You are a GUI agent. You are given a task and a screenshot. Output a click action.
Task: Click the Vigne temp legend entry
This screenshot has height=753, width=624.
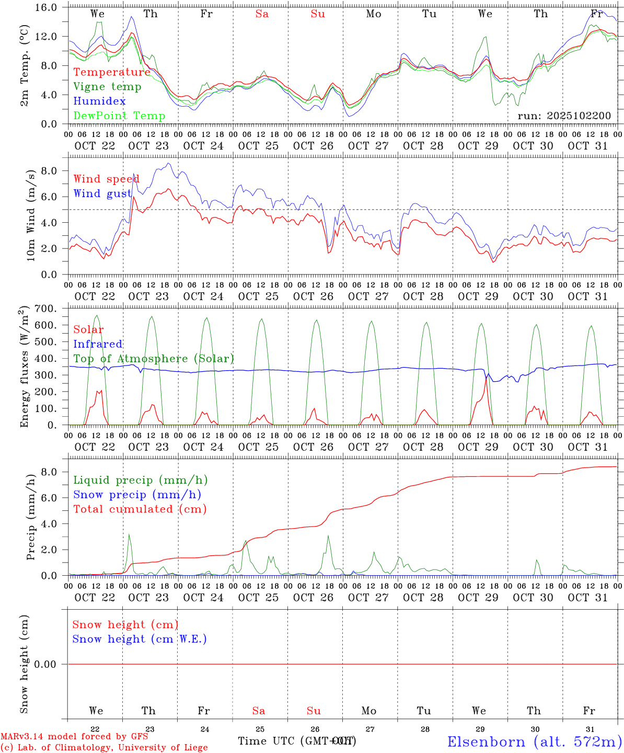pos(107,87)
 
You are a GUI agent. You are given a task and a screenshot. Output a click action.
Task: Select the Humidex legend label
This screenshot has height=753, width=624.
pos(99,101)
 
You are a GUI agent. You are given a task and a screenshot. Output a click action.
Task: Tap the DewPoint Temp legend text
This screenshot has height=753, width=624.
pos(119,116)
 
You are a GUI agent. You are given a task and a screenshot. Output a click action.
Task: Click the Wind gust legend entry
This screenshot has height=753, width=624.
pos(102,194)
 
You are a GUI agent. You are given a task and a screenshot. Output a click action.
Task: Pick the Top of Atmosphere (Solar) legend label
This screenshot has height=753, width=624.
pos(154,359)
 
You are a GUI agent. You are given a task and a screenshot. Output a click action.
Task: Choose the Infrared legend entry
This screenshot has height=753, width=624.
pos(98,344)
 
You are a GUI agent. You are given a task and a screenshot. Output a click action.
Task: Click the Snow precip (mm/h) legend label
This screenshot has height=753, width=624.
pos(137,495)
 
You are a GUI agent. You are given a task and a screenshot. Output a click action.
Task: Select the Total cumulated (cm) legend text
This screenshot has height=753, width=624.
pos(140,509)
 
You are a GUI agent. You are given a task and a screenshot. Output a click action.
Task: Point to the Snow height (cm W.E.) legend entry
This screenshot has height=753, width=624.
pos(140,639)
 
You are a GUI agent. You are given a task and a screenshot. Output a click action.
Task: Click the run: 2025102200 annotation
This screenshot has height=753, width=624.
pos(564,116)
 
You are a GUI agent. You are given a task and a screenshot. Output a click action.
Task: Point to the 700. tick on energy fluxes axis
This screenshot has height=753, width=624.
pos(53,309)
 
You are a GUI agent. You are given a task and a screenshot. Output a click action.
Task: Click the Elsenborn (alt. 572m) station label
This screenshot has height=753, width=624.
pos(534,741)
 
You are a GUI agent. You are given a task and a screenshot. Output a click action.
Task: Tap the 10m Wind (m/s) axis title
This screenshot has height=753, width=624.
pos(30,214)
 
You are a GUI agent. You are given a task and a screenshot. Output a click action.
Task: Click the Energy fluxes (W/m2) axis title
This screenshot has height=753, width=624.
pos(24,368)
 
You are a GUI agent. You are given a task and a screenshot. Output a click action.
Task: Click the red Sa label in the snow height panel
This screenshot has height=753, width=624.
pos(259,711)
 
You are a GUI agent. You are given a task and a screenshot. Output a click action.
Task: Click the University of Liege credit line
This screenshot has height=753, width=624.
pos(104,748)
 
